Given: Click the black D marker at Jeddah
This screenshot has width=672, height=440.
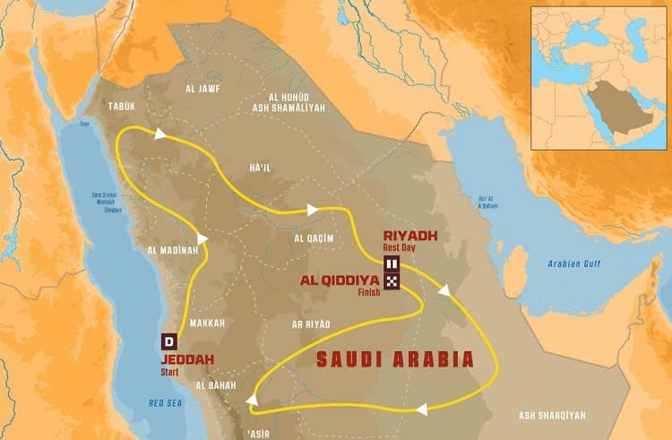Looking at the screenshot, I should pos(168,341).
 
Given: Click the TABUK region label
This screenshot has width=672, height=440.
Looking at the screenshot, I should pos(121,106).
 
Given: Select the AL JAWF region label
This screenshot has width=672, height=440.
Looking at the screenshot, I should pos(202,89).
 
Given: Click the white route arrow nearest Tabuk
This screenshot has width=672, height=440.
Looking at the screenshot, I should pos(160,134).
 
